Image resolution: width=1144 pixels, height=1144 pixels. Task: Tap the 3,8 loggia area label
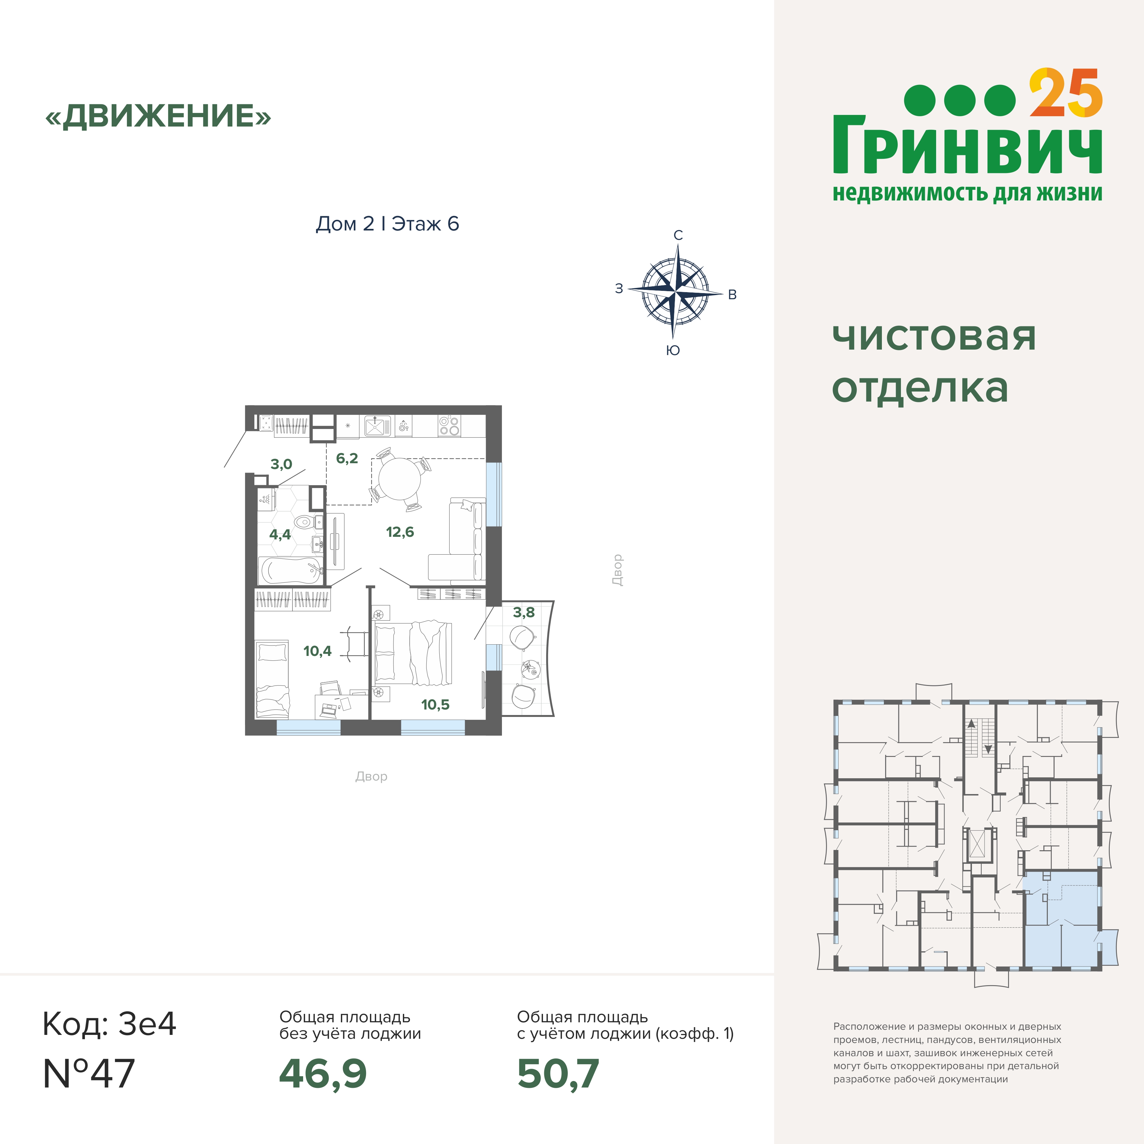point(524,612)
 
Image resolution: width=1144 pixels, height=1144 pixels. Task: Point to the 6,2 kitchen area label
point(347,458)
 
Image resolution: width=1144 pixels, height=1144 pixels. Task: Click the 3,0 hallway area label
point(281,464)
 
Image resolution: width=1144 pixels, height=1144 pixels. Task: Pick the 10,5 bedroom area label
point(435,705)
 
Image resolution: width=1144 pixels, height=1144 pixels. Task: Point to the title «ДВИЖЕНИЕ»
point(158,116)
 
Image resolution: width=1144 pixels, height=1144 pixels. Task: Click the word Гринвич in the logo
point(967,145)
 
